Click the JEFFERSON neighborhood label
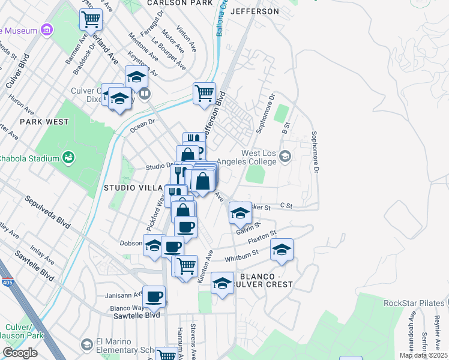[255, 11]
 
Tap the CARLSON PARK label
[179, 3]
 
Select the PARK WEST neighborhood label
[44, 121]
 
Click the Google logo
[20, 352]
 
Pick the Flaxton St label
[262, 238]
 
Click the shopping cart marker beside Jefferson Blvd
[204, 94]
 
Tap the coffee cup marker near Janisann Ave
[154, 296]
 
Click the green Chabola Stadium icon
[69, 158]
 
